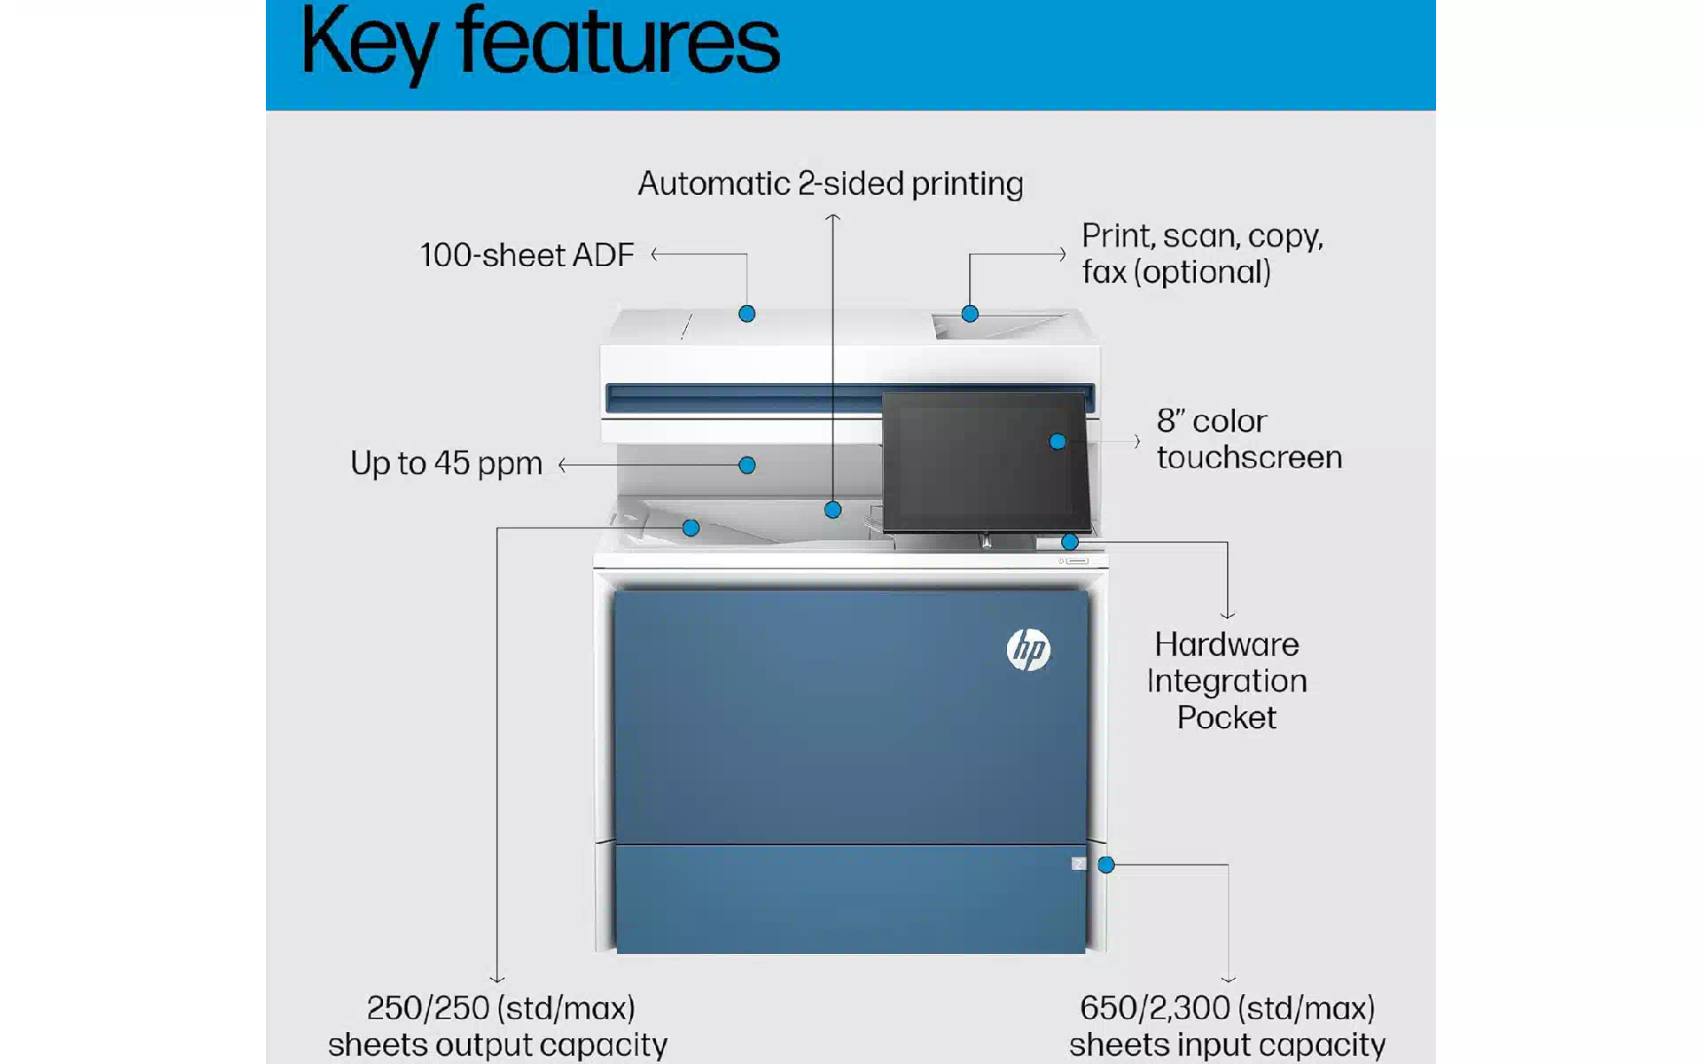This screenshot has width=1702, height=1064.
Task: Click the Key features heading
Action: point(540,43)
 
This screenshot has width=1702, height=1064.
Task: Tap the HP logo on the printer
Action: point(1028,650)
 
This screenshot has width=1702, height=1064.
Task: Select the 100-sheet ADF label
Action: point(527,255)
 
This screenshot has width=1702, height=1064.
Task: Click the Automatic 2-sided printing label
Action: point(831,184)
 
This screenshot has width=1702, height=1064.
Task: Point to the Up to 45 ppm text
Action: point(446,463)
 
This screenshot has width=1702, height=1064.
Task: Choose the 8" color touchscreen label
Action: point(1249,439)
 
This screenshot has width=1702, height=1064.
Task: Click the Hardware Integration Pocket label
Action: point(1227,680)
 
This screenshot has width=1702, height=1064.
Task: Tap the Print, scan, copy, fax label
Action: point(1202,254)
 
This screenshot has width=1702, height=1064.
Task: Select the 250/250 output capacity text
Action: point(497,1026)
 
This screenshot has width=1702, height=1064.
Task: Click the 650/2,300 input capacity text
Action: point(1227,1026)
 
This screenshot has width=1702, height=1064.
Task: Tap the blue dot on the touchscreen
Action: point(1058,442)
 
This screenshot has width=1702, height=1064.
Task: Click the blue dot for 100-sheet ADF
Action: point(747,314)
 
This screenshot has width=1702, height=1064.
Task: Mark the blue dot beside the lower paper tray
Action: point(1106,865)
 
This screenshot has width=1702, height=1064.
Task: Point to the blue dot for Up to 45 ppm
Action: point(747,465)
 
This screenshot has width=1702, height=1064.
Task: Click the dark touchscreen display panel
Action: point(986,462)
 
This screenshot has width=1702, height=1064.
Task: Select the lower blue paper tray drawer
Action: point(851,899)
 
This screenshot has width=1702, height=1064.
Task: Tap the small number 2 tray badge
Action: point(1078,864)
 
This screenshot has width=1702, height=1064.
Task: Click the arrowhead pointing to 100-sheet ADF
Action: point(654,254)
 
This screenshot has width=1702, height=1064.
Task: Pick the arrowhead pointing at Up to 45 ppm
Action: point(562,465)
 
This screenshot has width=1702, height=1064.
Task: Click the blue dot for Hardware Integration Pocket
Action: point(1070,542)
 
